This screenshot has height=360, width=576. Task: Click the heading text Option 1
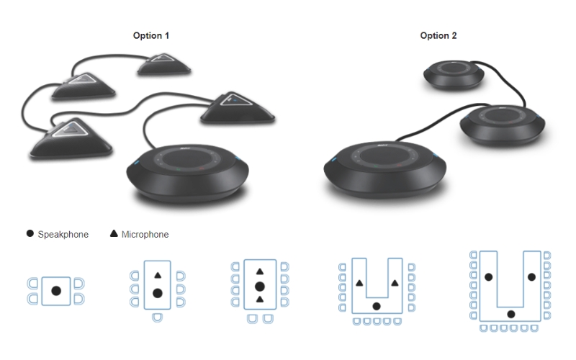point(152,35)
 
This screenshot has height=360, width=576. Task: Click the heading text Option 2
point(438,35)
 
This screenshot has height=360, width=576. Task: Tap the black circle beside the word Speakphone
point(30,234)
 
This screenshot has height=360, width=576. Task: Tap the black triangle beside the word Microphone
point(114,234)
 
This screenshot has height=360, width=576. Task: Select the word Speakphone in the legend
point(63,235)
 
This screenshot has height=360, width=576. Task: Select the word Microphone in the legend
point(145,235)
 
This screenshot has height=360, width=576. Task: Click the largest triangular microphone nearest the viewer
point(71,137)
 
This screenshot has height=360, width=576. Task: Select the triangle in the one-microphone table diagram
point(158,275)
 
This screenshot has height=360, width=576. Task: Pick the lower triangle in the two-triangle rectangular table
point(259,299)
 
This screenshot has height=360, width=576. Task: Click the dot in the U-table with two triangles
point(377,307)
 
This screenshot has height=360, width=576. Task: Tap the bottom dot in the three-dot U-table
point(511,314)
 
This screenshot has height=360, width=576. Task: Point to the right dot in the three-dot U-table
point(532,276)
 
